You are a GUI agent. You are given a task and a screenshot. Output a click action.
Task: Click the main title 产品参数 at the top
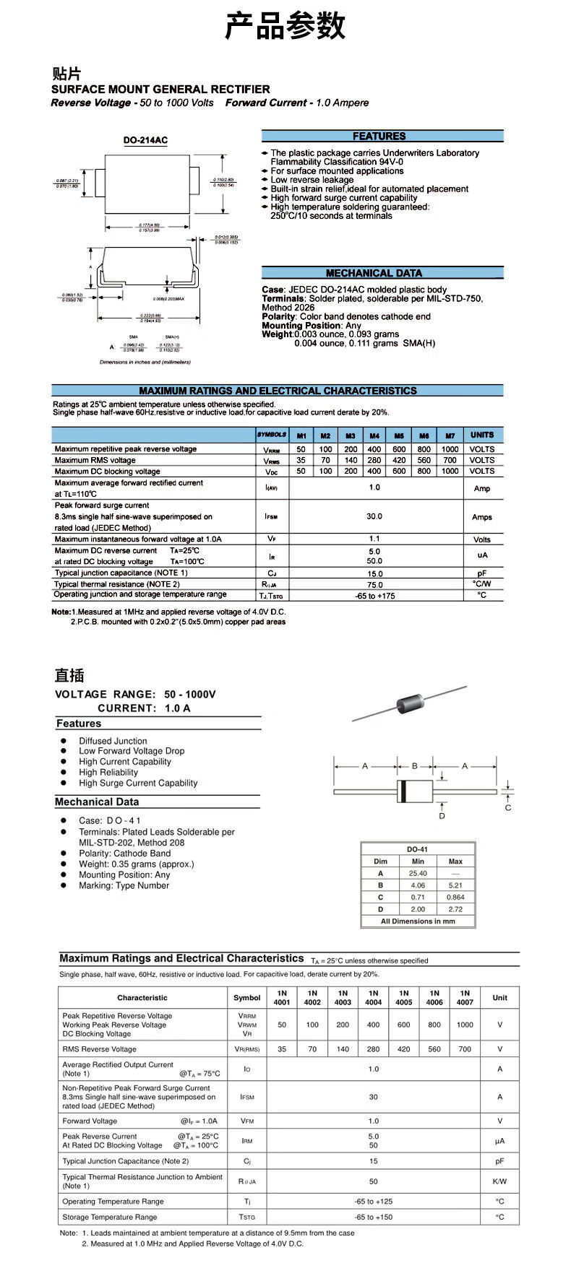(x=285, y=26)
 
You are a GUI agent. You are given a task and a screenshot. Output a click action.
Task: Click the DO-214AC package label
(x=145, y=141)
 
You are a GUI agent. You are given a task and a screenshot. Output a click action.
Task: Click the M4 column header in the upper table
(x=374, y=435)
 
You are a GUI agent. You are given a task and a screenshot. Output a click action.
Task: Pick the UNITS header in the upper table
(x=482, y=435)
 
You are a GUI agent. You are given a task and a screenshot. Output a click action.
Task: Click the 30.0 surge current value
(x=374, y=516)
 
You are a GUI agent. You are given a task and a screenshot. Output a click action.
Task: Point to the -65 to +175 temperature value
(x=375, y=596)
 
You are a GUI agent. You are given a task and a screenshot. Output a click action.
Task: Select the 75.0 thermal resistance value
(x=374, y=585)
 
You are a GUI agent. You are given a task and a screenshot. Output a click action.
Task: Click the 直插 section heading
(x=69, y=675)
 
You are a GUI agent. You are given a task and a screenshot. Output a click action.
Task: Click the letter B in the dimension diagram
(x=415, y=766)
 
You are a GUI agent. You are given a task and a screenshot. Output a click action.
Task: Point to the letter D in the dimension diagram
(x=442, y=816)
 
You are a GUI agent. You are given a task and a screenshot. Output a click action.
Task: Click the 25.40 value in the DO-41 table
(x=418, y=873)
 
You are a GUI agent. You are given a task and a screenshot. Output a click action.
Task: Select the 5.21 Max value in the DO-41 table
(x=455, y=885)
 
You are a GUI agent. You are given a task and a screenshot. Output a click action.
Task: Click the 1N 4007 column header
(x=465, y=997)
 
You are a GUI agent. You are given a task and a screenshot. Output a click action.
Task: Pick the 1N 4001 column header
(x=282, y=997)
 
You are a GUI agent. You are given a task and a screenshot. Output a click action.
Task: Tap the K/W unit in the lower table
(x=499, y=1181)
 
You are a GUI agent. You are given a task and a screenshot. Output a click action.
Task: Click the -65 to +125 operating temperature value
(x=374, y=1202)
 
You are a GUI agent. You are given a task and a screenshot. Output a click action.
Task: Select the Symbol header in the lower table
(x=247, y=998)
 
